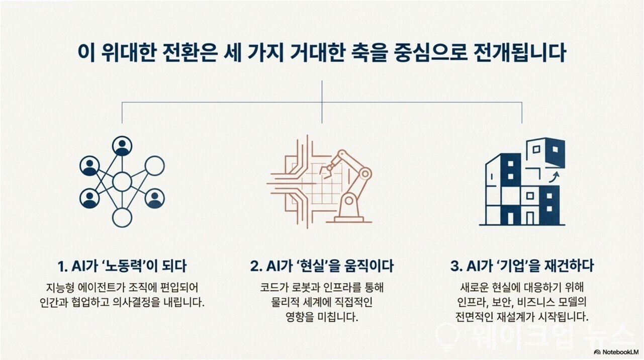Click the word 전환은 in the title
tap(189, 53)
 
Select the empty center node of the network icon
tap(122, 182)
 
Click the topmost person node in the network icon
tap(122, 146)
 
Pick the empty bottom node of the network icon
tap(122, 218)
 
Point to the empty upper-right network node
tap(155, 166)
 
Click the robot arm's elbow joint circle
tap(365, 173)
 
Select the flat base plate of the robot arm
tap(349, 222)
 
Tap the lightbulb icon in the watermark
tap(448, 337)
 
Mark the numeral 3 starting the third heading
tap(454, 266)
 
